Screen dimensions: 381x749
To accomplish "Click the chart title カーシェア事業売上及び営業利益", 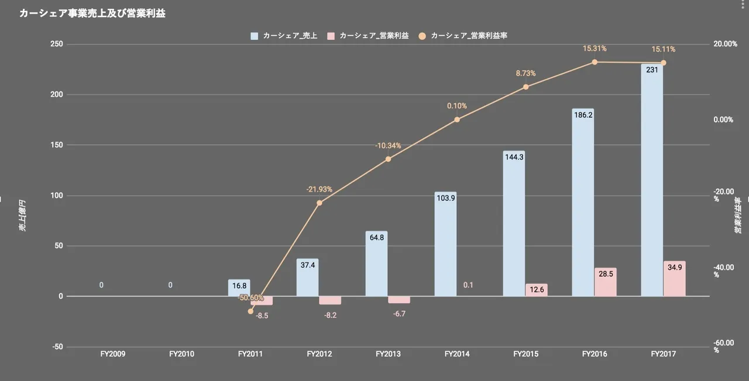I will pos(92,13).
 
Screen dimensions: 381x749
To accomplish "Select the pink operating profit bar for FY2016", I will pos(606,283).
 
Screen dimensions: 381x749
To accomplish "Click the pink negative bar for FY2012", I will pos(330,300).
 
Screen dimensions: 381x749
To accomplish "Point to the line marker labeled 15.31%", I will pos(595,62).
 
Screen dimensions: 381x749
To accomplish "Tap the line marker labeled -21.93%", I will pos(319,203).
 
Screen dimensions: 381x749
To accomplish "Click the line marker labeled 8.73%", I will pos(525,87).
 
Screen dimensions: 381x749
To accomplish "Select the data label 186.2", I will pos(583,115).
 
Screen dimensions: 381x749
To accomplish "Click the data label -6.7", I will pos(399,314).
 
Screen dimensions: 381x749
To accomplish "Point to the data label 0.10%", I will pos(457,106).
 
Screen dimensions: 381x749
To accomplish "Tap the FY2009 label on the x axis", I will pos(113,354).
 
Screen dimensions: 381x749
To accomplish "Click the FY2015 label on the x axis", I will pos(525,354).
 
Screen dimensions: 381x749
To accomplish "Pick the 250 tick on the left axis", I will pos(57,44).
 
